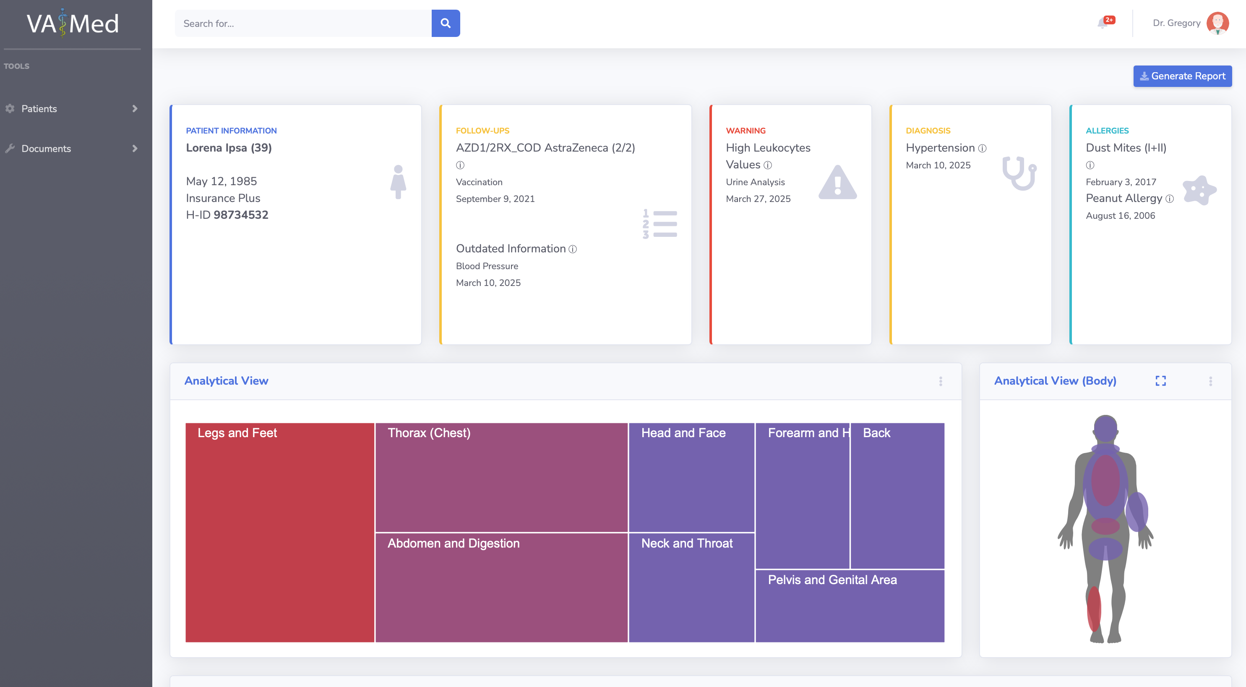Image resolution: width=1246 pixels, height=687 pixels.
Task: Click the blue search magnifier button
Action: (x=446, y=23)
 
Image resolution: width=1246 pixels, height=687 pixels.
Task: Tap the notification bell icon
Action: (x=1103, y=23)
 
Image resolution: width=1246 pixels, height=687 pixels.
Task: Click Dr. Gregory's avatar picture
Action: (x=1217, y=23)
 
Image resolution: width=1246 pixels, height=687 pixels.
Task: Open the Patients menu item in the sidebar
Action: (x=39, y=108)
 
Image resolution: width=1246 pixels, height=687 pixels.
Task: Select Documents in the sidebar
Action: (x=46, y=149)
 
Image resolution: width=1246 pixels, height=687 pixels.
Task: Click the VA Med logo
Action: (x=73, y=23)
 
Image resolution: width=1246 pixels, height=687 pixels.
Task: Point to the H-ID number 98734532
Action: (x=241, y=215)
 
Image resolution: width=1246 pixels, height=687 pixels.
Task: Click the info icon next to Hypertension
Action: (x=983, y=148)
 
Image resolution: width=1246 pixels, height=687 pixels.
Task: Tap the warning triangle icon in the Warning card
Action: (x=838, y=183)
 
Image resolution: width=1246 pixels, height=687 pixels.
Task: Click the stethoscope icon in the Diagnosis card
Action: (x=1019, y=173)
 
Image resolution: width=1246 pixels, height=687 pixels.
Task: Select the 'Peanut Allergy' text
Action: (x=1123, y=199)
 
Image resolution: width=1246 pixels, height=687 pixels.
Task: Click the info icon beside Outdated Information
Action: (x=573, y=249)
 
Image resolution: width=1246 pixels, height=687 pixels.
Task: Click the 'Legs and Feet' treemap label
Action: (x=237, y=433)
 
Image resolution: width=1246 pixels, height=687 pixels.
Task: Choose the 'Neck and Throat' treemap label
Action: (x=687, y=543)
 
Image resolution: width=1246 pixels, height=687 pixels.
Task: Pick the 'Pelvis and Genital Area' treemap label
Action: (x=832, y=579)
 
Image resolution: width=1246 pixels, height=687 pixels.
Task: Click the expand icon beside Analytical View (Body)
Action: (x=1160, y=381)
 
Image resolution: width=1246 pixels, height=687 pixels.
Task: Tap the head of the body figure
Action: (x=1105, y=427)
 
